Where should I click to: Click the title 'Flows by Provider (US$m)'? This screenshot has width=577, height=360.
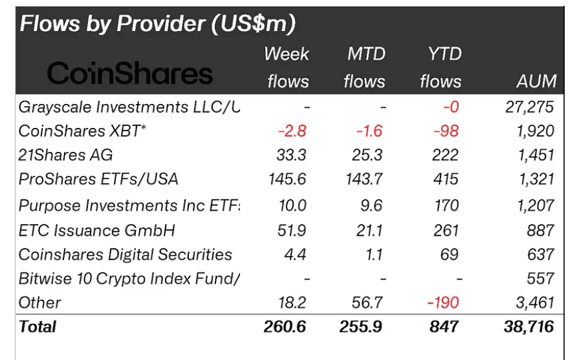(x=158, y=24)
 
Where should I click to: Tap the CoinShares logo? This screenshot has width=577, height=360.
(x=130, y=74)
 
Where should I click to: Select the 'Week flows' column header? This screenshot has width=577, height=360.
(x=287, y=68)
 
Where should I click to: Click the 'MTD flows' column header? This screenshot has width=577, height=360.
(x=364, y=68)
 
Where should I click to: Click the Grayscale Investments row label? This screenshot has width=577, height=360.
(x=129, y=107)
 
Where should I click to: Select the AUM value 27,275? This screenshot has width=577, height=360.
(x=529, y=107)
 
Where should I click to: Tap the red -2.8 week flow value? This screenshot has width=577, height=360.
(x=292, y=131)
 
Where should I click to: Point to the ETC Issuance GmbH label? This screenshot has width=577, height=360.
(x=97, y=230)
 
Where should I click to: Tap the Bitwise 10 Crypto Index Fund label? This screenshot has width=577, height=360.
(x=129, y=279)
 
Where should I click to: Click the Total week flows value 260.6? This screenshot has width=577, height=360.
(x=285, y=326)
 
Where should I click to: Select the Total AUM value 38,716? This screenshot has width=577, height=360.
(x=528, y=326)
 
